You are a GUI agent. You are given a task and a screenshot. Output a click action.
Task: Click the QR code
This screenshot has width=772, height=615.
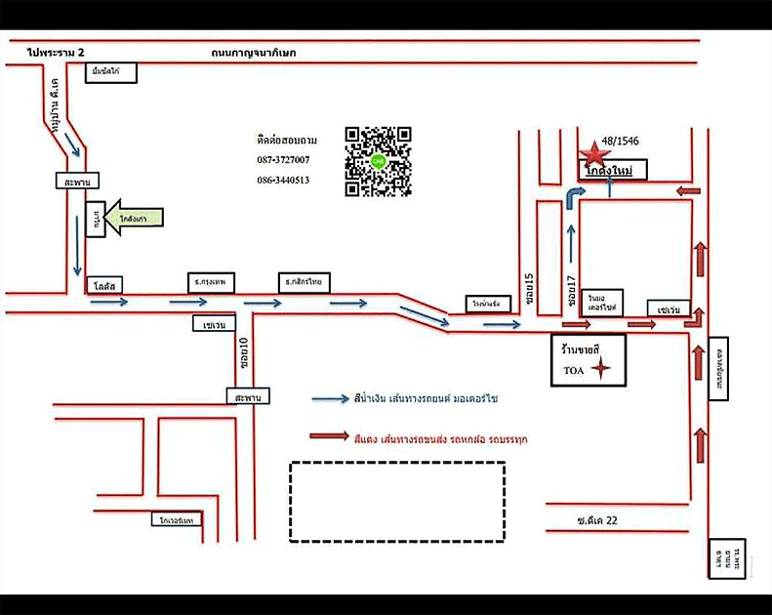[378, 161]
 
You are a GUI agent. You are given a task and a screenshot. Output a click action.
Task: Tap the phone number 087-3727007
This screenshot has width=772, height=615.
[284, 160]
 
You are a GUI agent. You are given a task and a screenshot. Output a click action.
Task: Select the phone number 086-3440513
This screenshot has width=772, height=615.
[284, 180]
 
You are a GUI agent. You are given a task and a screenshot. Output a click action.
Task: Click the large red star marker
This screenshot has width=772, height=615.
[592, 152]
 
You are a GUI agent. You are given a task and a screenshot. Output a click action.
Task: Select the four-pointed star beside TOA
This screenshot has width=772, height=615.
[602, 369]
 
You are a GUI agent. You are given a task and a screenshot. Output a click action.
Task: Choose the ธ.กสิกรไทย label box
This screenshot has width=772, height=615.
[305, 281]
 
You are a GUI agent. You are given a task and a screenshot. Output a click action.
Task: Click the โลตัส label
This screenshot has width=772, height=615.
[105, 285]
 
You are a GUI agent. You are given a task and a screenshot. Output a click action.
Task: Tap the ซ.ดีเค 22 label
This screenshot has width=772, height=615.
[596, 520]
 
